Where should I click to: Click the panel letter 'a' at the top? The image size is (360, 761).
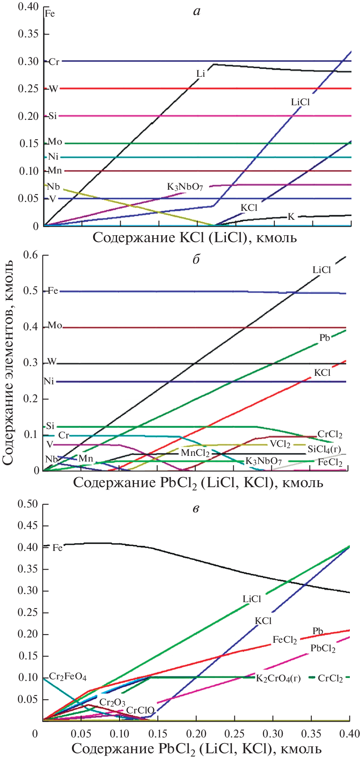[197, 12]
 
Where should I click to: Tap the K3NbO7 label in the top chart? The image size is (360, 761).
[185, 187]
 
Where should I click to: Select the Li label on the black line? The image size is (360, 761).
[201, 74]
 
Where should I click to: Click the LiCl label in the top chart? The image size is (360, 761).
[300, 102]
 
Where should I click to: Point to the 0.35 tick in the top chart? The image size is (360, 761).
[28, 34]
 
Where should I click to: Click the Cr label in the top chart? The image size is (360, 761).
[54, 62]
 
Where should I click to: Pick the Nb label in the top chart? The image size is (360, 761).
[53, 187]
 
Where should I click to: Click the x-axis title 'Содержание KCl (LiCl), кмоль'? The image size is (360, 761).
[195, 237]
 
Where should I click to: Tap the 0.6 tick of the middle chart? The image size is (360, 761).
[30, 255]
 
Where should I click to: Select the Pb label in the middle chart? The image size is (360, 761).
[324, 338]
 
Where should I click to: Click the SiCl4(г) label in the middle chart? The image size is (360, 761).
[324, 449]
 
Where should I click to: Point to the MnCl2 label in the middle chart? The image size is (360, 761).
[195, 453]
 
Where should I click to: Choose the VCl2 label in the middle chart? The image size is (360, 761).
[280, 444]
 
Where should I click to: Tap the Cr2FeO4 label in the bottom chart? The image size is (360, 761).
[67, 677]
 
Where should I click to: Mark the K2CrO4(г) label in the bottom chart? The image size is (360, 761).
[278, 678]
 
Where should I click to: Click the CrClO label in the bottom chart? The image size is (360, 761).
[140, 710]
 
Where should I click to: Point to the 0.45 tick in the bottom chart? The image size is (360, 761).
[28, 526]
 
